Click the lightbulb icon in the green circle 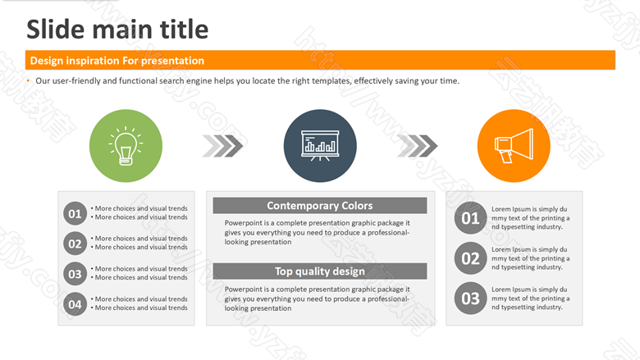coord(126,145)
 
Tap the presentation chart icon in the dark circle coord(320,145)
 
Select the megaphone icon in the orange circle coord(514,145)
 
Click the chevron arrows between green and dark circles coord(222,145)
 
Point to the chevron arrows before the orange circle coord(417,145)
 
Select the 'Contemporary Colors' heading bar coord(320,206)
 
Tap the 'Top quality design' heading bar coord(320,271)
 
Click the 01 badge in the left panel coord(75,213)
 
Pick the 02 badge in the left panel coord(75,244)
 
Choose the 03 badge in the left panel coord(75,274)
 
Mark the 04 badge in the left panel coord(75,304)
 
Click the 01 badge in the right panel coord(471,217)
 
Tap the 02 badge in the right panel coord(471,258)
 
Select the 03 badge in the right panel coord(471,298)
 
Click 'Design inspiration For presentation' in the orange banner coord(117,61)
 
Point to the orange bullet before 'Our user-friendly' coord(28,80)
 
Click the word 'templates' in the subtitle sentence coord(331,80)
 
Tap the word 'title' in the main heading coord(184,30)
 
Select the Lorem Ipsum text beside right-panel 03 coord(531,298)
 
